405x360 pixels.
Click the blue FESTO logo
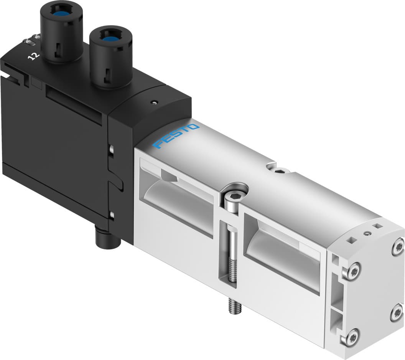176,136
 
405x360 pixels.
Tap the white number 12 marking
35,56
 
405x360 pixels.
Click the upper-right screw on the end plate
398,246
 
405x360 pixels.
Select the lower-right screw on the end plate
397,313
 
